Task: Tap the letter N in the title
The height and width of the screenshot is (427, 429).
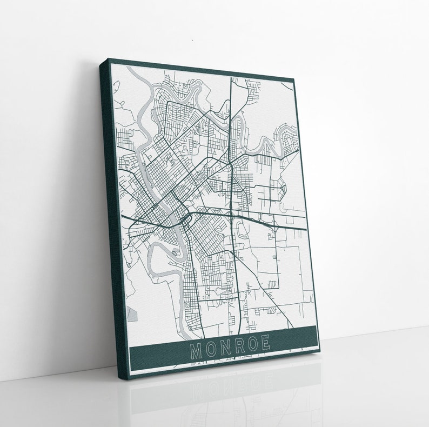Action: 225,348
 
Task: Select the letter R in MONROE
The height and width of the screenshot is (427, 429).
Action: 239,346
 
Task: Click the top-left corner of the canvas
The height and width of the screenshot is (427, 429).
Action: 109,59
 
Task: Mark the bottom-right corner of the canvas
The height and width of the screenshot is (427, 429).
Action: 319,351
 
